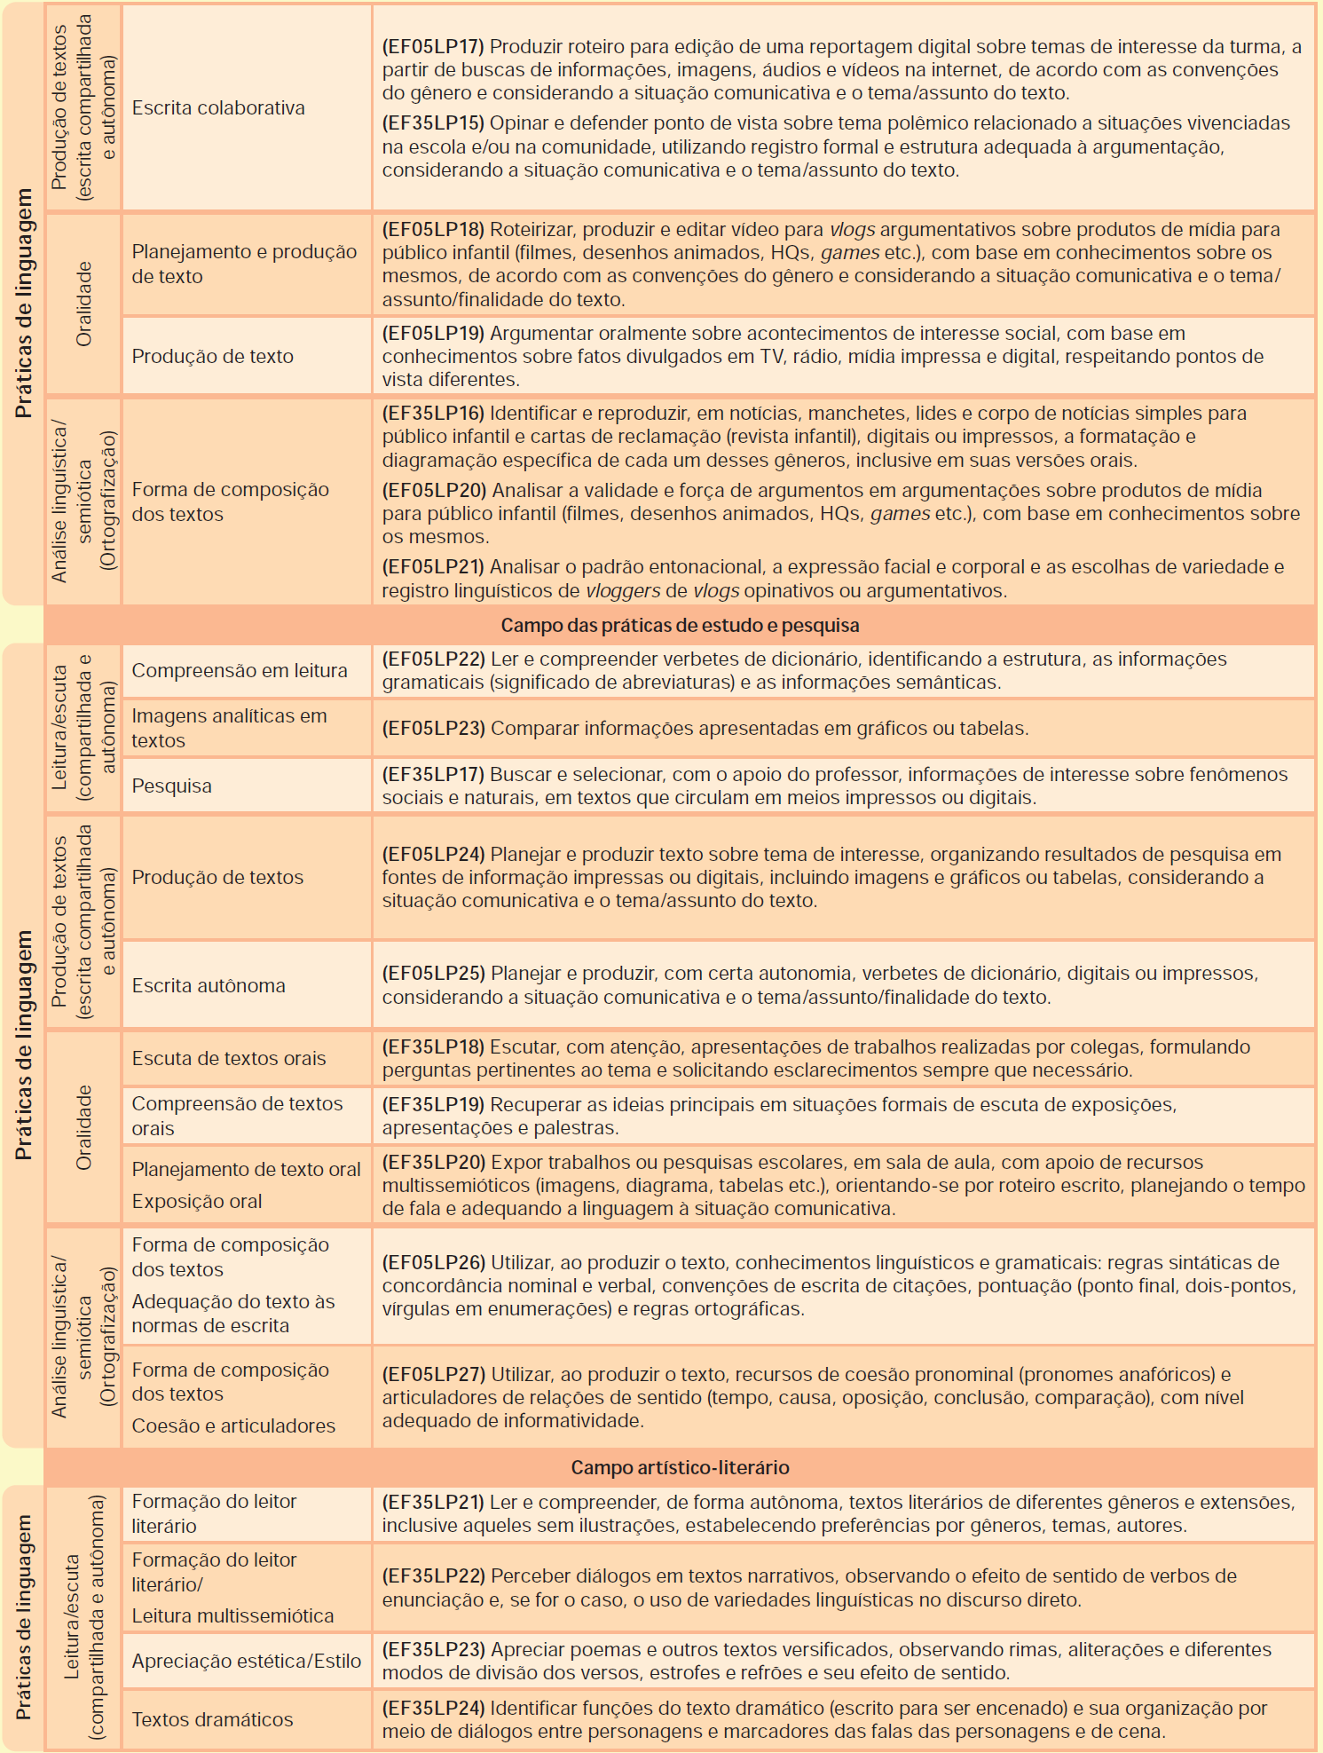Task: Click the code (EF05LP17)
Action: (x=433, y=47)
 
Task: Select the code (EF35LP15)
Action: (x=433, y=123)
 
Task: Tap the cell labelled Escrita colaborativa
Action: (x=218, y=108)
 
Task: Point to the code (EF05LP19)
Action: (x=433, y=334)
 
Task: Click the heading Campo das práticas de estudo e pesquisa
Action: (x=680, y=626)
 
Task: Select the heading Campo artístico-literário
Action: (x=680, y=1467)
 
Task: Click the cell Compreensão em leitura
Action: (x=240, y=671)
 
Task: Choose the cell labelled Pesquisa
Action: (x=172, y=786)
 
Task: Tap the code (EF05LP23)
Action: (x=434, y=729)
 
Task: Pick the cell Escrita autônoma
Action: (x=209, y=986)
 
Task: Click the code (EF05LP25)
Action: (x=434, y=974)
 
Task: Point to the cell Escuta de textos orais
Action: (x=229, y=1059)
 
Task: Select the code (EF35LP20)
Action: (x=434, y=1163)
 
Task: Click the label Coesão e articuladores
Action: (x=233, y=1426)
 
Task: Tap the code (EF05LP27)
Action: (x=434, y=1375)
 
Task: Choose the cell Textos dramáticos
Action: (x=212, y=1720)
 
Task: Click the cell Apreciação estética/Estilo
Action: (x=247, y=1662)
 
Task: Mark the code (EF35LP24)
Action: (x=434, y=1709)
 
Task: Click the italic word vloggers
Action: (x=623, y=591)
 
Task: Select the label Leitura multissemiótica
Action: (x=232, y=1616)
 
